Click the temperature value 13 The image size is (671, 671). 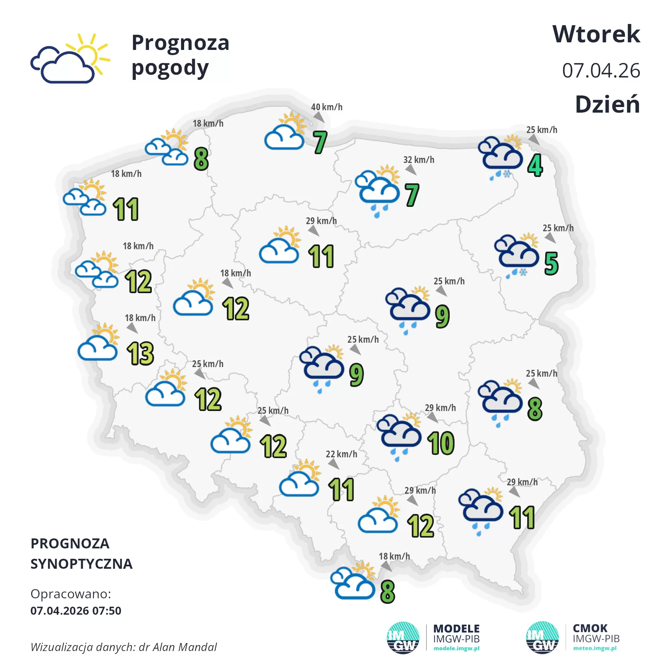(141, 354)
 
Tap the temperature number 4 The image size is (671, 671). (535, 165)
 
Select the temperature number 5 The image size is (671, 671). (551, 264)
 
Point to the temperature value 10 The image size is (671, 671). (441, 443)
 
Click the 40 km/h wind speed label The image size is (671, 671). (327, 107)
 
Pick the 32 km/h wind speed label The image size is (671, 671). (419, 160)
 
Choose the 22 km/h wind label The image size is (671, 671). (341, 454)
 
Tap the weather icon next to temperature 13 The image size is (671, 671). (98, 343)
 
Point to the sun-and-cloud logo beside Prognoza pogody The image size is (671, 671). (70, 59)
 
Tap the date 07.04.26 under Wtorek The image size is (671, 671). (601, 71)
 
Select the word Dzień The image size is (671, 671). (607, 105)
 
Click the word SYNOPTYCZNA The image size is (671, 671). (81, 564)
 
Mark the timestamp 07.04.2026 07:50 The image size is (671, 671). (76, 611)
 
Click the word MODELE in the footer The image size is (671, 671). (457, 629)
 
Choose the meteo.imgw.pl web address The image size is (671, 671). (595, 648)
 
